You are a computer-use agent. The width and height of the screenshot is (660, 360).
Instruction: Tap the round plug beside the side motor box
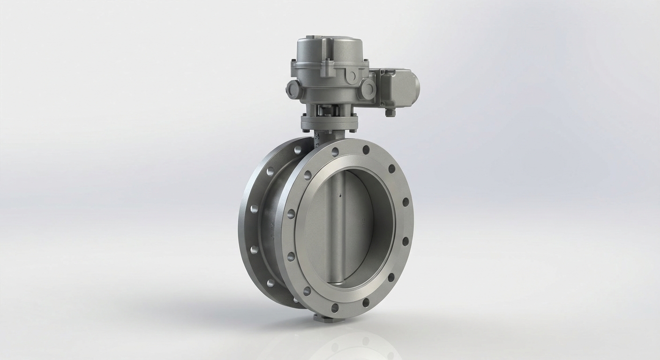[368, 89]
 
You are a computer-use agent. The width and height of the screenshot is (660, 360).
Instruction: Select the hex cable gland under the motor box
[390, 112]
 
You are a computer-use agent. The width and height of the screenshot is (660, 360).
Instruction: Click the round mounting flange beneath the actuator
[329, 123]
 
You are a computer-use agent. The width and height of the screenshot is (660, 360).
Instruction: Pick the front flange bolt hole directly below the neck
[335, 151]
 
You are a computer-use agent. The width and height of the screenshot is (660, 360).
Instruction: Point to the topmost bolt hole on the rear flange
[297, 150]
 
